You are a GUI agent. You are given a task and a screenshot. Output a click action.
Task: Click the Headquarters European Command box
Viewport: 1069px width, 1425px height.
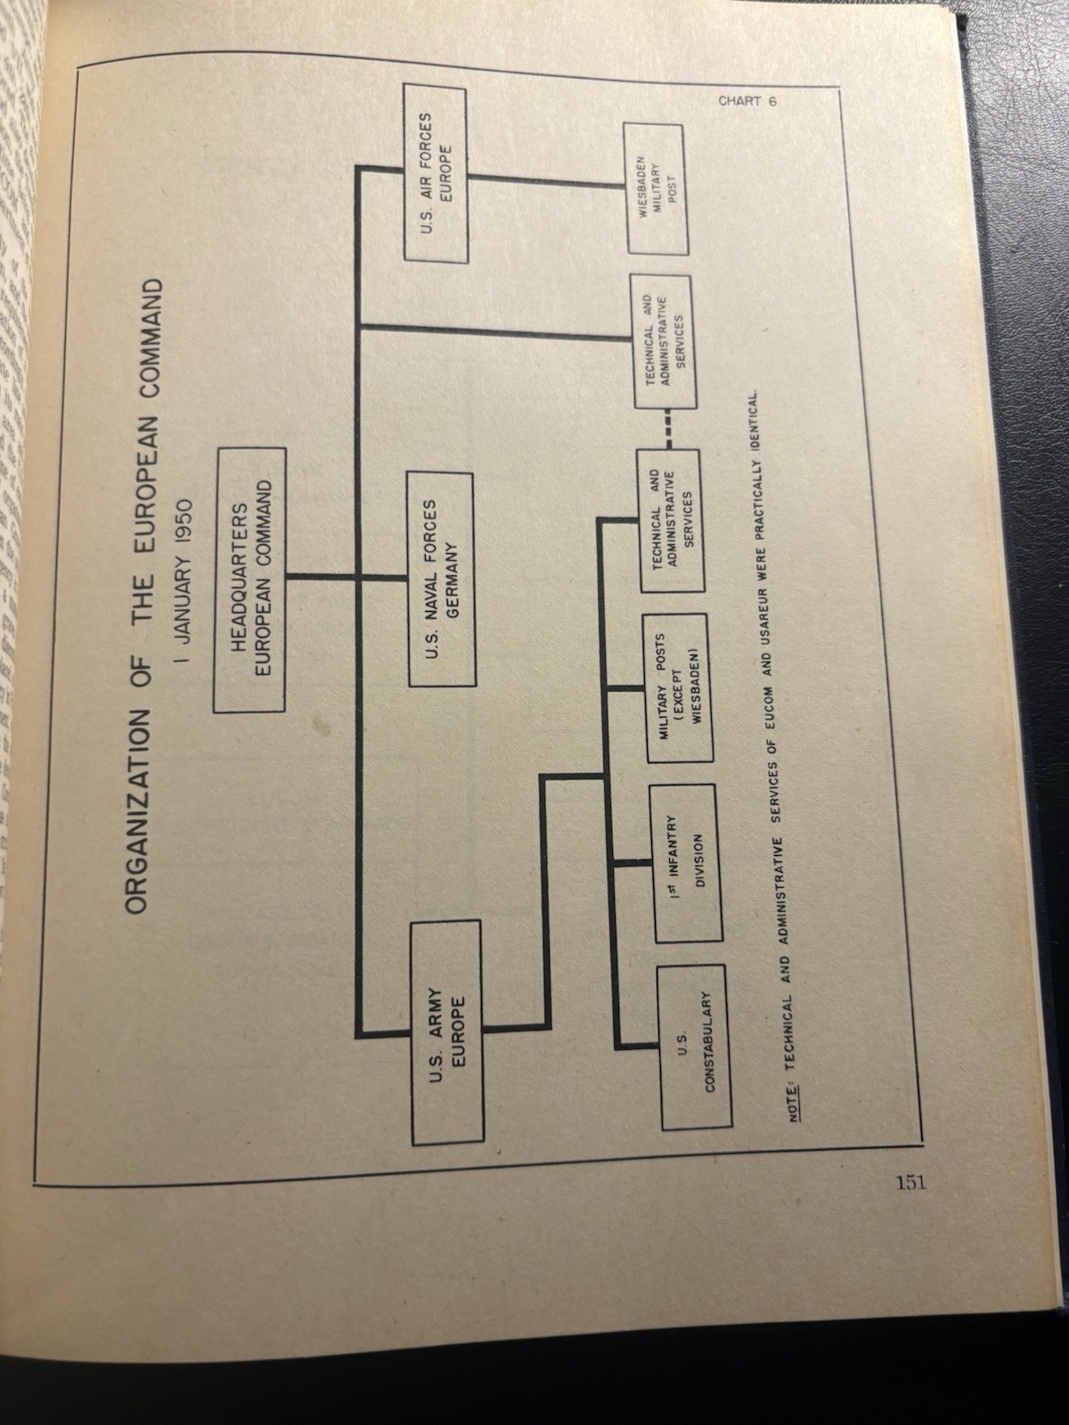250,580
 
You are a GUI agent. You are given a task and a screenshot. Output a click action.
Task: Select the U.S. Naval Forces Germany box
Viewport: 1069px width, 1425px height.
442,578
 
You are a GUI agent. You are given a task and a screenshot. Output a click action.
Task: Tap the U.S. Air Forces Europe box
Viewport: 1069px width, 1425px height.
437,172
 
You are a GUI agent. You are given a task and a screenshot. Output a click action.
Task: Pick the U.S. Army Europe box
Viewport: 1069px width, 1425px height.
447,1032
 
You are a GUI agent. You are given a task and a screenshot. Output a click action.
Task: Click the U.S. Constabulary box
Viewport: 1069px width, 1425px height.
694,1047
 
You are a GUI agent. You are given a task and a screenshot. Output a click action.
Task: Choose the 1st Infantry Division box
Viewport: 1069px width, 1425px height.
687,863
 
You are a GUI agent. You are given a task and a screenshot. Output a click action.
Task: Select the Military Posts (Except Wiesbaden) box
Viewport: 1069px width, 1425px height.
680,688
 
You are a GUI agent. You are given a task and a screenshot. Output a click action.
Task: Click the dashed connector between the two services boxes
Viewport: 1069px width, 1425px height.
668,429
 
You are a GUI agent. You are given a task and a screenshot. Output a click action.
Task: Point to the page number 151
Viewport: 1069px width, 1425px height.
911,1182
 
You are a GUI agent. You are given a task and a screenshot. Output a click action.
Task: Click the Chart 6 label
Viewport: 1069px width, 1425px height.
747,102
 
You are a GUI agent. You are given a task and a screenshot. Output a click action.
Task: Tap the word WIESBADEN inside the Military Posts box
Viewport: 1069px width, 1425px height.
698,688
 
